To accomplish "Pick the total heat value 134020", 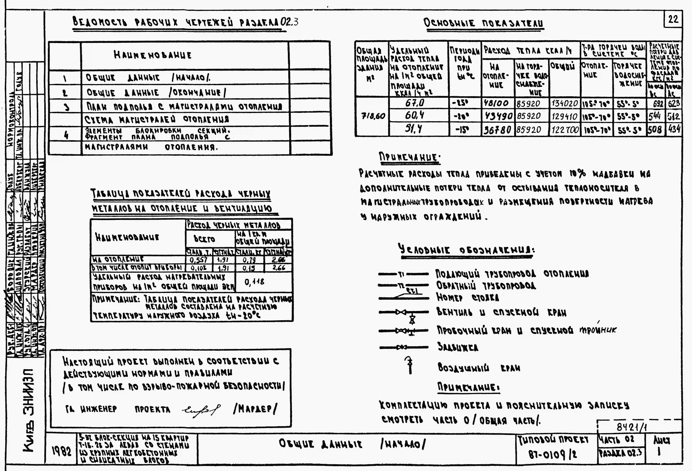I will (x=565, y=104).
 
